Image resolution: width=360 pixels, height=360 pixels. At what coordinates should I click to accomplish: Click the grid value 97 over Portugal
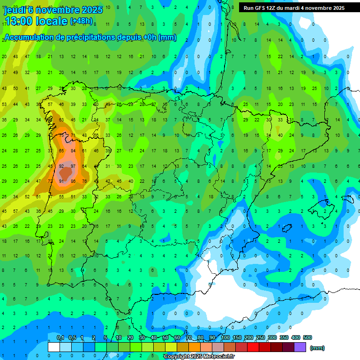tap(73, 166)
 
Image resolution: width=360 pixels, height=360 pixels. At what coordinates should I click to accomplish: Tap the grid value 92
tap(61, 166)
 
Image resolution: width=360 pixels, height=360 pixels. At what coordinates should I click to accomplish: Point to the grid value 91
tap(61, 181)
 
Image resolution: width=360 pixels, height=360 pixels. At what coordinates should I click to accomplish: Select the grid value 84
tap(73, 150)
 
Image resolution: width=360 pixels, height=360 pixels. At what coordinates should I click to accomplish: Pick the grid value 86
tap(73, 181)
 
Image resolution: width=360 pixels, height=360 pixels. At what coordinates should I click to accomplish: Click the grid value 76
tap(84, 181)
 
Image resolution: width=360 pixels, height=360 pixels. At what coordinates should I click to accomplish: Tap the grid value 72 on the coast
tap(50, 181)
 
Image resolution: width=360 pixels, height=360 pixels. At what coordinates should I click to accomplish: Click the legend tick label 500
tap(307, 337)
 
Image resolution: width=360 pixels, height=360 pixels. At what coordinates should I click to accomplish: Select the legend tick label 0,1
tap(60, 337)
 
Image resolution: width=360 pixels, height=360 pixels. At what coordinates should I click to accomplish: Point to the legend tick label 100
tap(225, 337)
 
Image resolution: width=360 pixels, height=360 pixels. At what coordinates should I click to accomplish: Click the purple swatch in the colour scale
tap(300, 347)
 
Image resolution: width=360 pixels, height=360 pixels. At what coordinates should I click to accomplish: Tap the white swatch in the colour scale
tap(54, 347)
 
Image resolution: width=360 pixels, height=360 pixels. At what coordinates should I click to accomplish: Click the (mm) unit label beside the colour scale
tap(317, 348)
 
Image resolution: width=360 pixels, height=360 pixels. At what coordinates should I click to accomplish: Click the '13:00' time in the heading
tap(18, 21)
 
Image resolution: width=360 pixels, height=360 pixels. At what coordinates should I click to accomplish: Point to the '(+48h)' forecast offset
tap(81, 21)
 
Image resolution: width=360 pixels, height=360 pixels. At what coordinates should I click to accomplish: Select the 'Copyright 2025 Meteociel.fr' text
tap(199, 357)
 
